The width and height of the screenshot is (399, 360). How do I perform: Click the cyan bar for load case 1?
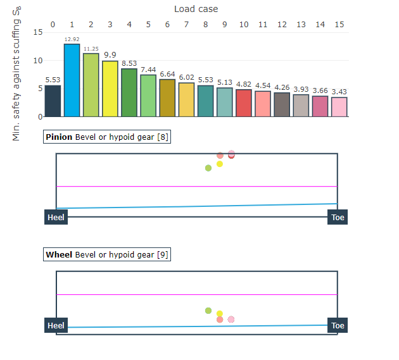[x=72, y=80]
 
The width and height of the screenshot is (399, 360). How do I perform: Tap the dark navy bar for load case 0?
[x=53, y=101]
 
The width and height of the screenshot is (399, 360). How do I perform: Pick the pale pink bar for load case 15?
[x=339, y=107]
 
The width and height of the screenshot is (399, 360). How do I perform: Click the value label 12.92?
[x=72, y=40]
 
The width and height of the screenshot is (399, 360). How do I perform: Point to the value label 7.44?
[x=148, y=70]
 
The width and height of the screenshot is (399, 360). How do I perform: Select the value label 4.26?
[x=282, y=87]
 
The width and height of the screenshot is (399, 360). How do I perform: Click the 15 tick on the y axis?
[x=39, y=32]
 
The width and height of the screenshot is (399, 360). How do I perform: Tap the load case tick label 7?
[x=186, y=24]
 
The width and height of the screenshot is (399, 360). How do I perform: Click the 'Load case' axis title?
[x=196, y=9]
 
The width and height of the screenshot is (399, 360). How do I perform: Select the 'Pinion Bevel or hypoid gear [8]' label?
[x=107, y=137]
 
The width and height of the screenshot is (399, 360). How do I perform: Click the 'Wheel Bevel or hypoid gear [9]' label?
[x=107, y=254]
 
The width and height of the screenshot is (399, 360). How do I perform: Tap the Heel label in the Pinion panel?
[x=56, y=218]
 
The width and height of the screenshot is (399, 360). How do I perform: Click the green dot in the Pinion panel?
[x=208, y=168]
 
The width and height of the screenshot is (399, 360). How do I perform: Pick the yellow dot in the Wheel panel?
[x=219, y=314]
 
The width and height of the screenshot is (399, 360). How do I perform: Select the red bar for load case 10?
[x=243, y=103]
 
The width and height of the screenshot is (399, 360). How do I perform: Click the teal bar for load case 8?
[x=205, y=101]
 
